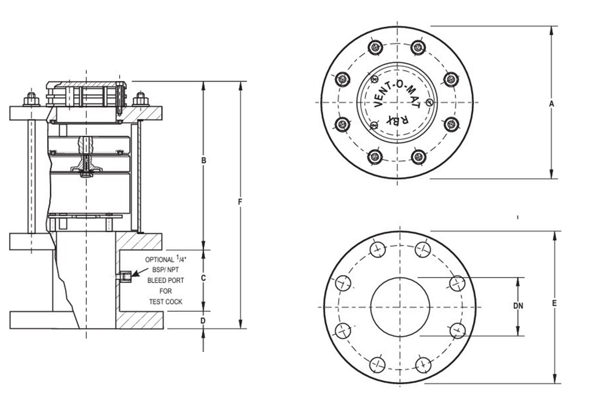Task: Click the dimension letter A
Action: pyautogui.click(x=551, y=103)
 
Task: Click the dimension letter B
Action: pyautogui.click(x=203, y=161)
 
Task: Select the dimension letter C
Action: pyautogui.click(x=203, y=278)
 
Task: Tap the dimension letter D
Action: pyautogui.click(x=203, y=321)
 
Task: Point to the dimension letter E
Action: pyautogui.click(x=554, y=303)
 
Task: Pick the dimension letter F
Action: pyautogui.click(x=240, y=202)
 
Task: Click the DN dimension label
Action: pyautogui.click(x=518, y=306)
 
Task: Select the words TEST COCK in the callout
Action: pyautogui.click(x=165, y=302)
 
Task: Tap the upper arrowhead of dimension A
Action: pyautogui.click(x=551, y=30)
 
